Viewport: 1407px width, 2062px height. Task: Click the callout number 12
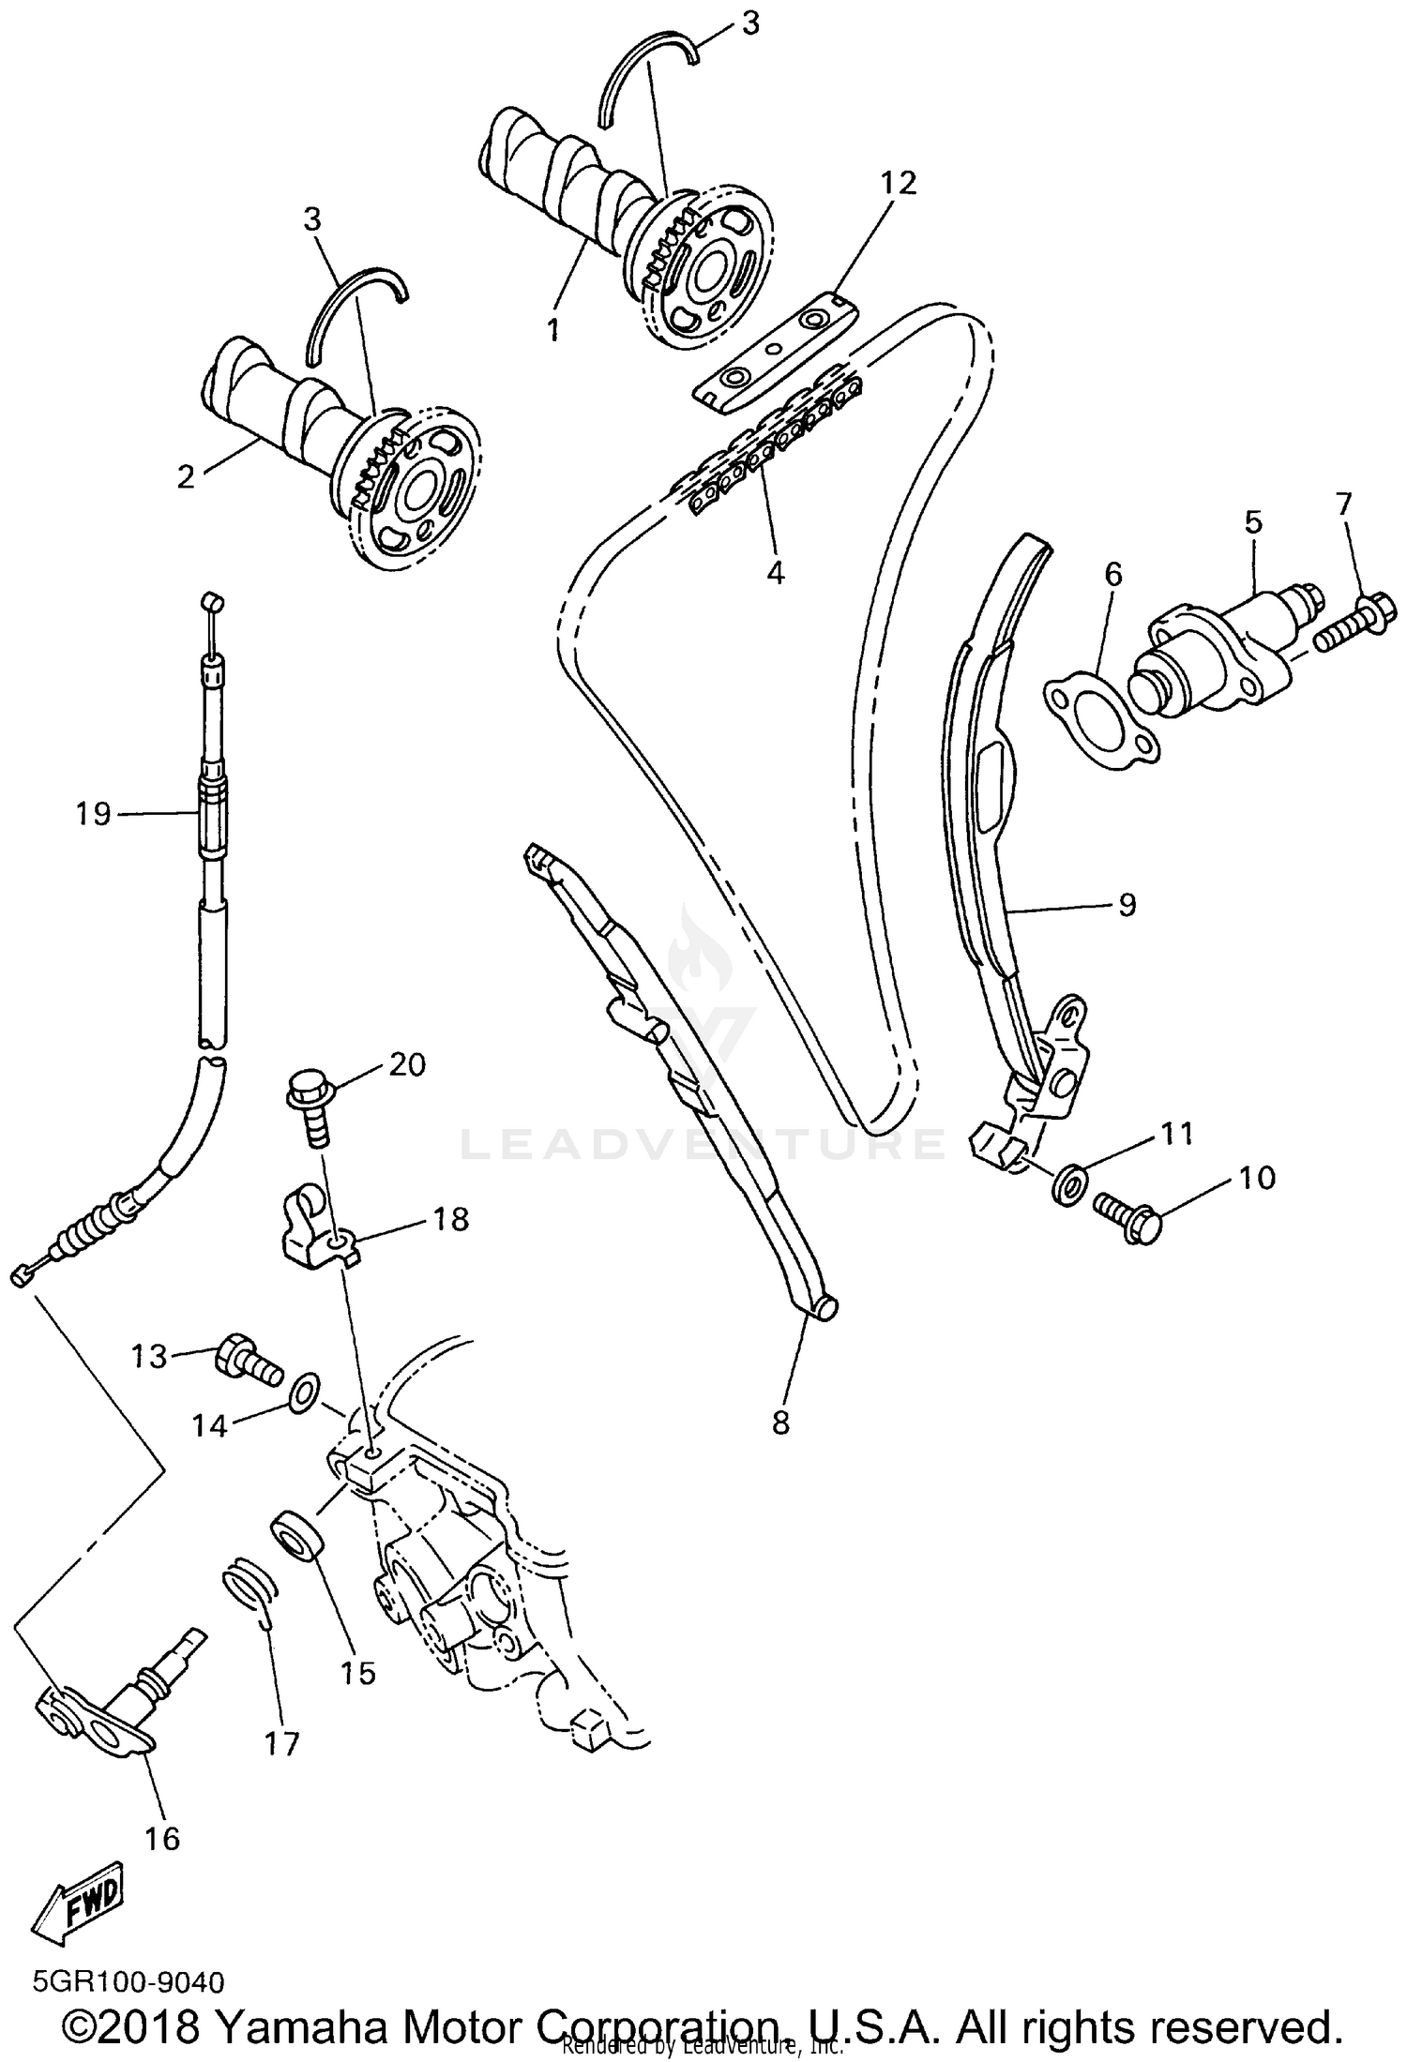click(x=898, y=184)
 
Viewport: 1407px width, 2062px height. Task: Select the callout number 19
click(x=94, y=814)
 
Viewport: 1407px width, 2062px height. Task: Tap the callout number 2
click(x=186, y=476)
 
